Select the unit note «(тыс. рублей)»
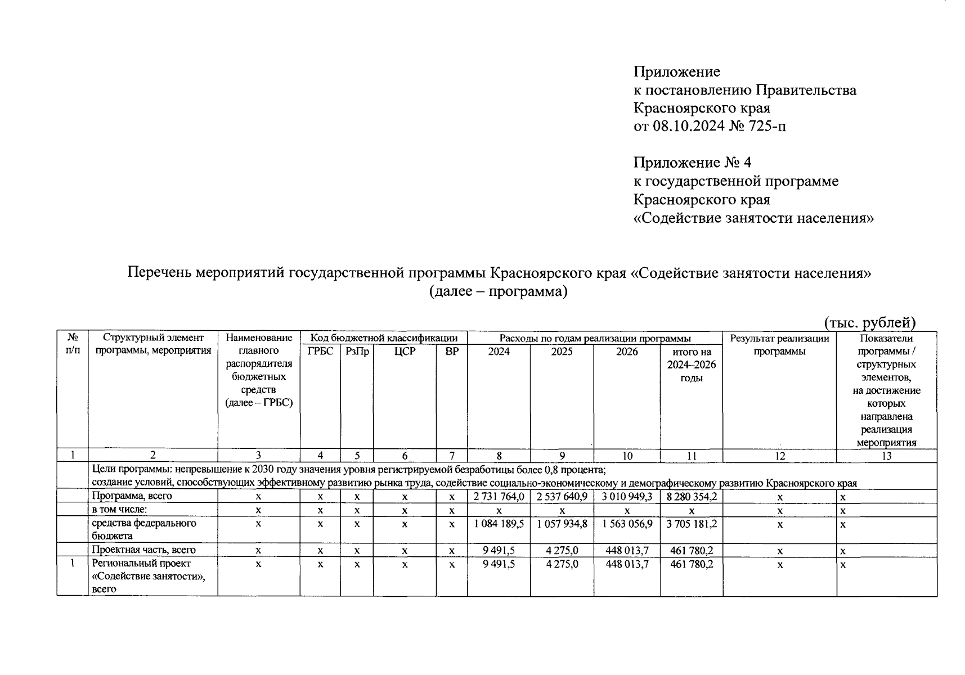870,323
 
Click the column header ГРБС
320,352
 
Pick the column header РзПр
357,352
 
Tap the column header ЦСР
405,352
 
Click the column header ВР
452,352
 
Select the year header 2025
562,352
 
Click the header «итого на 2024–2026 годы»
692,364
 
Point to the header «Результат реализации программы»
779,345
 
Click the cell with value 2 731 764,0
499,497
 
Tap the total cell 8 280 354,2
692,497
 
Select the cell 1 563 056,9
627,524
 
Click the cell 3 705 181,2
692,524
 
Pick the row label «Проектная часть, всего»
143,550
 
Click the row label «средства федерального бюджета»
144,529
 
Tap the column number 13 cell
886,456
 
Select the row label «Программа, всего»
132,496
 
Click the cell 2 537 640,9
562,497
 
